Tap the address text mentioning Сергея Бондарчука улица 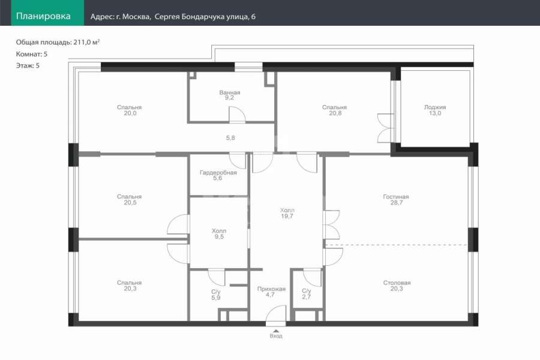(x=173, y=17)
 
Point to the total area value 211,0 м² (x=86, y=42)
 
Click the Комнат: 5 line (x=32, y=54)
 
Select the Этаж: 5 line (x=28, y=65)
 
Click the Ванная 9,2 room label (x=230, y=95)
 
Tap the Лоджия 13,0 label (x=435, y=110)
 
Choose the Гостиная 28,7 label (x=396, y=199)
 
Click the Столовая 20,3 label (x=397, y=286)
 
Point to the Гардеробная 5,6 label (x=218, y=175)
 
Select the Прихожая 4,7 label (x=271, y=292)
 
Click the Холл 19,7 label (x=287, y=213)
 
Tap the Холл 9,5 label (x=219, y=233)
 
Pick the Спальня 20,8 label (x=334, y=110)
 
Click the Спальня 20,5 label (x=130, y=199)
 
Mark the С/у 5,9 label (x=216, y=295)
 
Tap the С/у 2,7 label (x=307, y=294)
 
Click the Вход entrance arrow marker (x=276, y=331)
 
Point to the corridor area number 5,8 (x=230, y=138)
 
